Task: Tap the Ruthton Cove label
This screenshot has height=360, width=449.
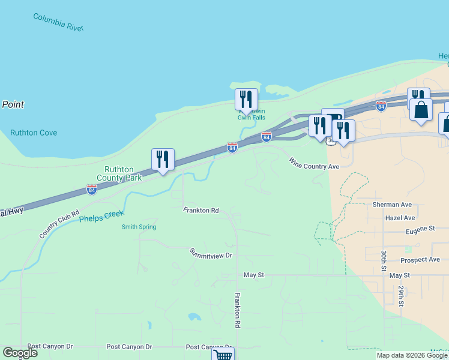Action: pos(34,133)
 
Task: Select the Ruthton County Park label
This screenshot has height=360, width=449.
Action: pos(123,174)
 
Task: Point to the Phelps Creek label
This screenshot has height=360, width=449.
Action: pos(101,216)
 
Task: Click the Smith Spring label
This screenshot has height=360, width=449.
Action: pos(139,227)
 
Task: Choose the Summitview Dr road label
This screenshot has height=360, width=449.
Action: pos(211,254)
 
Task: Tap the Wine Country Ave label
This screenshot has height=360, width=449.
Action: pos(314,163)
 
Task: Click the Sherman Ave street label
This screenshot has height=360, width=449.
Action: pos(392,205)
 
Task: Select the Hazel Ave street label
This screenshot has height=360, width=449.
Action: pos(401,218)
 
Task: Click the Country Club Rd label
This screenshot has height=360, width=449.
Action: pos(59,224)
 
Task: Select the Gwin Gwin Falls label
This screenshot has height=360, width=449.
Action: pos(251,115)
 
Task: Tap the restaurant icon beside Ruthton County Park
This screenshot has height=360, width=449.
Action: pos(163,159)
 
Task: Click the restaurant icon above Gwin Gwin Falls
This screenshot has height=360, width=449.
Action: pos(246,99)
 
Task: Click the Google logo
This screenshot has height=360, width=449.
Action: pos(20,353)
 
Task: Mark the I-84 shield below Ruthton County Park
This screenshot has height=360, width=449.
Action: pos(92,190)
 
